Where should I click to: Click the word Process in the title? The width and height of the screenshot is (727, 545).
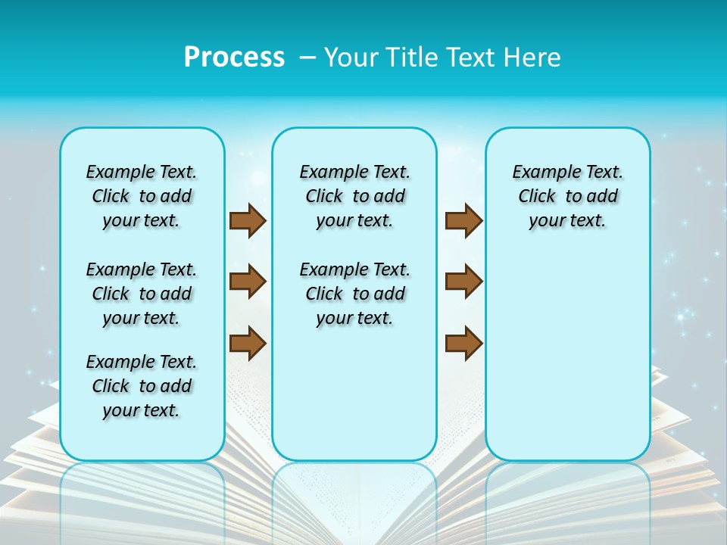(x=234, y=57)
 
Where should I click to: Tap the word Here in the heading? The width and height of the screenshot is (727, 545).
(x=531, y=58)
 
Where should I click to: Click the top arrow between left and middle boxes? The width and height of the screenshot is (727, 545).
(x=248, y=220)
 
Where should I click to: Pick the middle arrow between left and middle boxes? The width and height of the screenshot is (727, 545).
(x=248, y=282)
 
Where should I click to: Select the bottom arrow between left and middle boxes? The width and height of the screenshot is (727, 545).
(x=248, y=343)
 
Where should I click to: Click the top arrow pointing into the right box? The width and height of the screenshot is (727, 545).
(x=463, y=220)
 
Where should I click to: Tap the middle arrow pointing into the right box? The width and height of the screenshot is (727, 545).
(x=463, y=282)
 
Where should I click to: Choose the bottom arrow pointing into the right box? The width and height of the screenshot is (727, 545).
(x=463, y=343)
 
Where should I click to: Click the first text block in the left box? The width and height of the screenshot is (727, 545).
(x=142, y=196)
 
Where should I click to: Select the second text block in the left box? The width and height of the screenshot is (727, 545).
(x=142, y=294)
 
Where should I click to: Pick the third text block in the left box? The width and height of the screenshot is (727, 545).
(x=142, y=386)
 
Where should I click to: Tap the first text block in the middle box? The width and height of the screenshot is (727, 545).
(x=354, y=196)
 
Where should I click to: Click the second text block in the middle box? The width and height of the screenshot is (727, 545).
(x=354, y=294)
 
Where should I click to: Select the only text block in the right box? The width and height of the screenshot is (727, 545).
(x=567, y=196)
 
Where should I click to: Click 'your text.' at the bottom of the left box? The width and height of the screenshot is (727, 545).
(x=142, y=410)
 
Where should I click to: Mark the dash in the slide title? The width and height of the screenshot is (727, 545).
(x=307, y=58)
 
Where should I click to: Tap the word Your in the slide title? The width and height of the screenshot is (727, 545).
(x=351, y=58)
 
